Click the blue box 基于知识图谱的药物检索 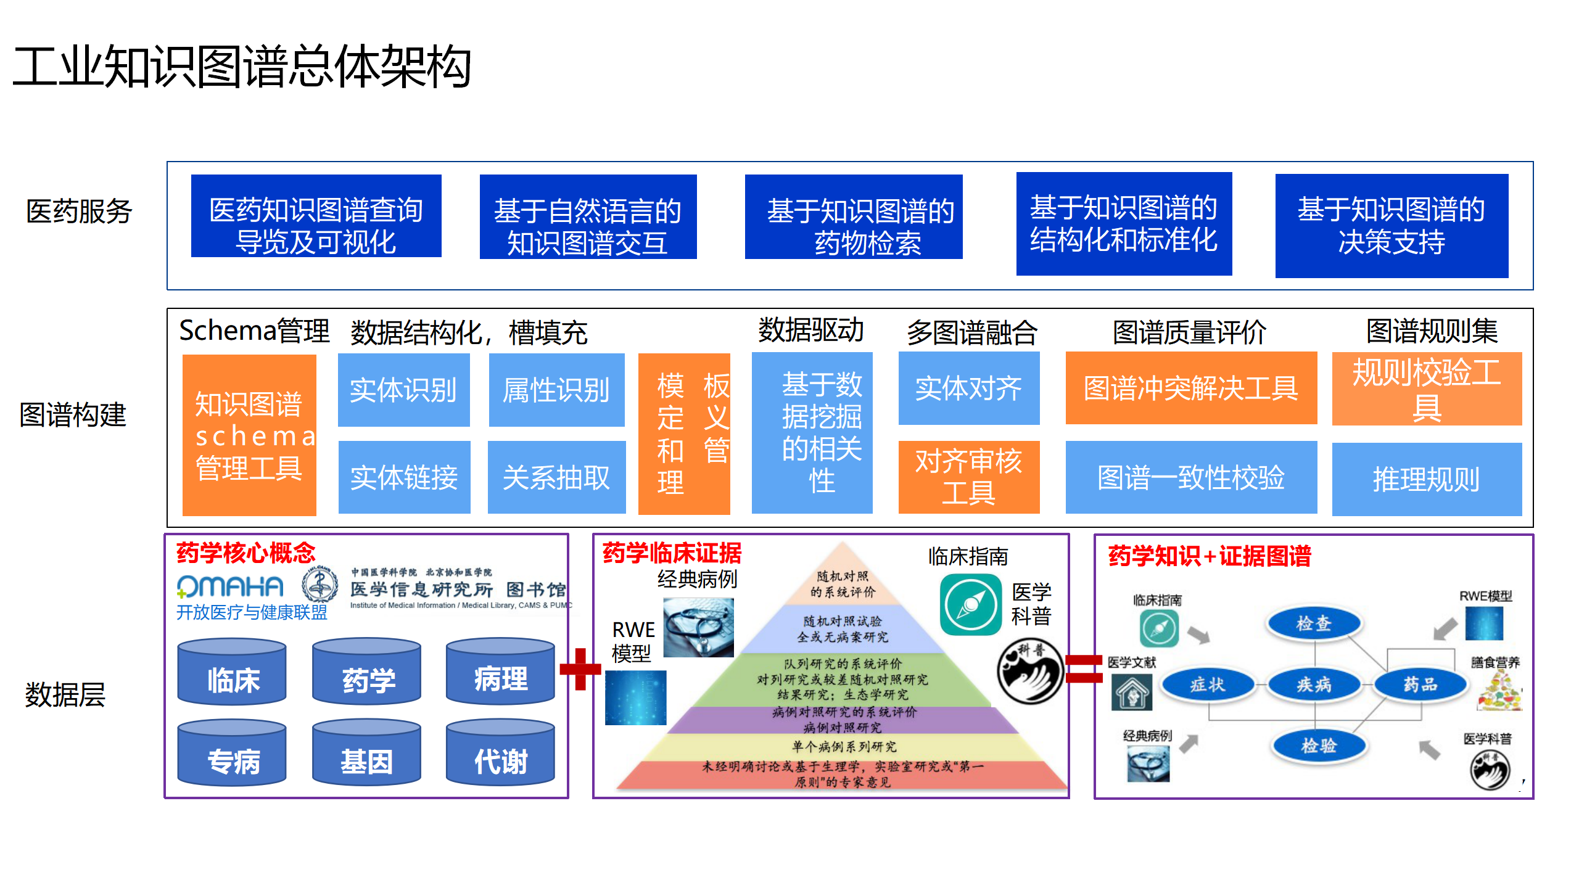click(x=854, y=217)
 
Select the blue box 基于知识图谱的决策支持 click(x=1391, y=226)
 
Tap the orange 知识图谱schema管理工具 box click(x=249, y=435)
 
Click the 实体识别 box click(x=403, y=390)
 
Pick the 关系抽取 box click(x=556, y=477)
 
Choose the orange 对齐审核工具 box click(x=968, y=477)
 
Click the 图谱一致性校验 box click(x=1191, y=477)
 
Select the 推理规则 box click(x=1426, y=479)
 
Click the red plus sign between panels click(x=580, y=669)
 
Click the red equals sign click(x=1083, y=669)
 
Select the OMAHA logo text click(x=230, y=586)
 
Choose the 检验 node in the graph click(x=1318, y=746)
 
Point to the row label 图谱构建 click(x=73, y=414)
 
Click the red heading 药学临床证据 click(x=672, y=553)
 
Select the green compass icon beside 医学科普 click(x=970, y=604)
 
